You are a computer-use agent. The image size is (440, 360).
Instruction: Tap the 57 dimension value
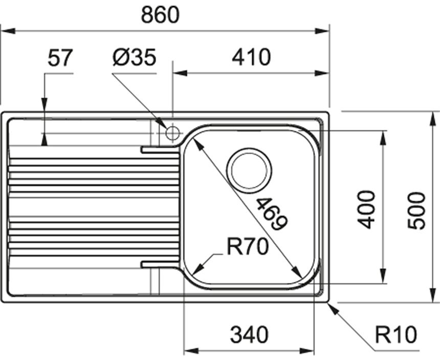(60, 57)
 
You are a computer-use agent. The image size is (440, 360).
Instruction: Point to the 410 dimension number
(251, 58)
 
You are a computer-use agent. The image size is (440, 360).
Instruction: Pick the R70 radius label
(247, 248)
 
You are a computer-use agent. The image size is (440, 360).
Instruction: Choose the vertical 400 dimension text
(366, 209)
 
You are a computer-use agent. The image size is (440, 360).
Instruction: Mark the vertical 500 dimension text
(417, 210)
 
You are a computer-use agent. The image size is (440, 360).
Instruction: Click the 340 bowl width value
(249, 335)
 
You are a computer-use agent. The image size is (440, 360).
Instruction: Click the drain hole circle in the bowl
(249, 169)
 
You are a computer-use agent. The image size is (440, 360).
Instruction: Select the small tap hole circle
(172, 133)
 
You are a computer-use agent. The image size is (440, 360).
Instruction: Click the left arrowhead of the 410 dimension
(178, 73)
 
